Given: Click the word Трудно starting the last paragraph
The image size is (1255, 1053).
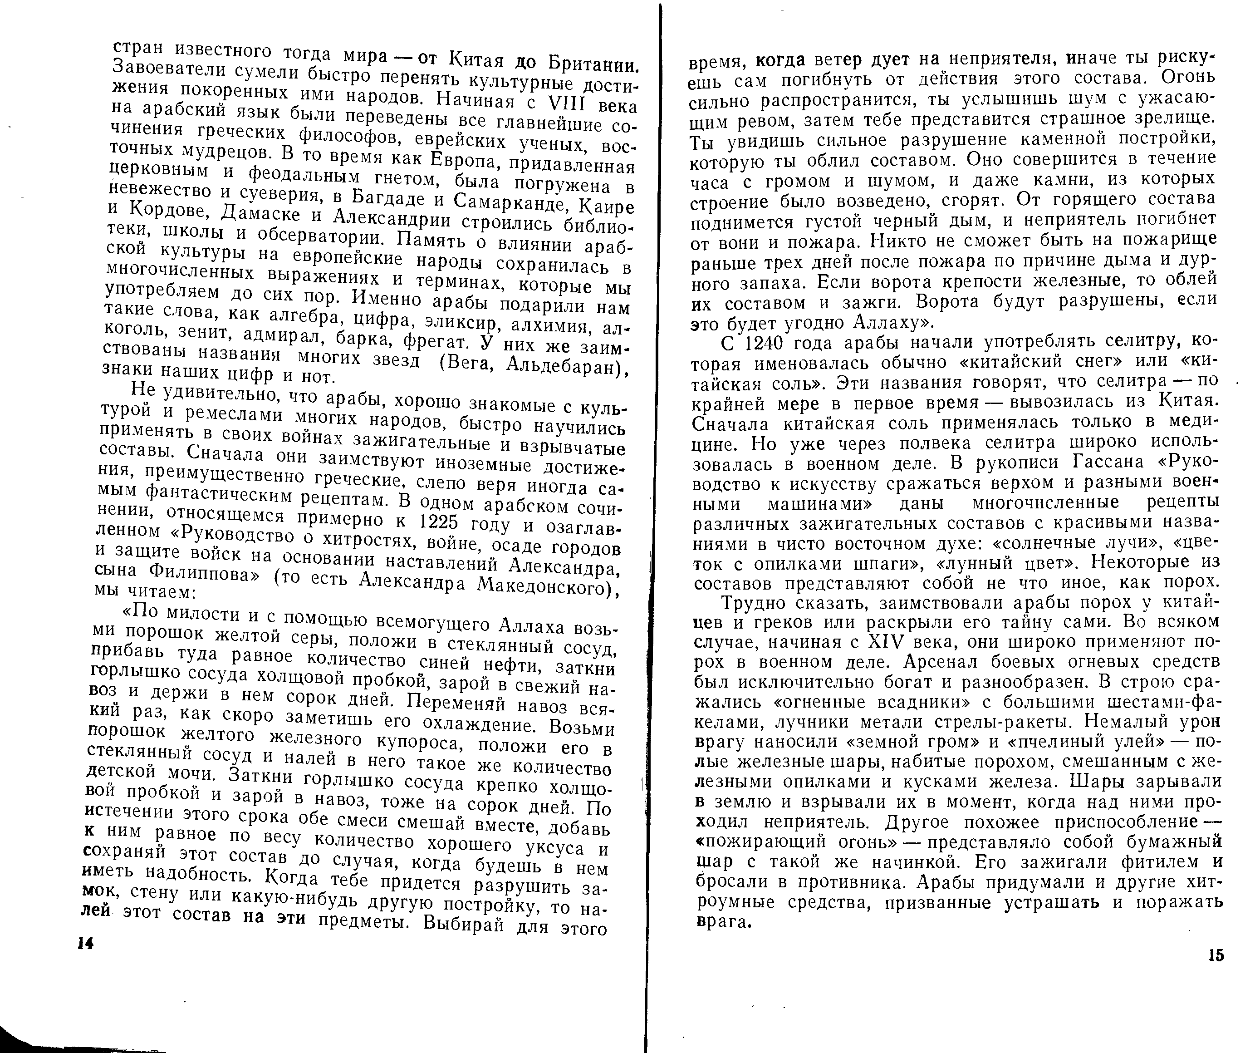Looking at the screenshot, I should tap(756, 602).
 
